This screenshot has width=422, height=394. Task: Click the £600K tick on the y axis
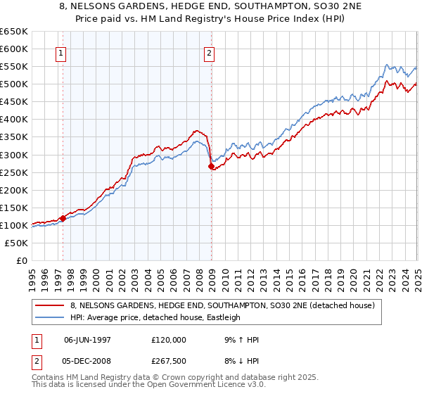14,49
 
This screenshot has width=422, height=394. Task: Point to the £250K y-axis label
14,172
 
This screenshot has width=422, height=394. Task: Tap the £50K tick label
17,243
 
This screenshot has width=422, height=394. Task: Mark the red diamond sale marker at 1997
63,218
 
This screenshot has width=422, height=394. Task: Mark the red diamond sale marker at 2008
211,166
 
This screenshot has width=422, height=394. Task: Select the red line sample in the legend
49,305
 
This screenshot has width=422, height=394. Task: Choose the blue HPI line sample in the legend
49,317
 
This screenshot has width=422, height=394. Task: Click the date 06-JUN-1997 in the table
88,340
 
